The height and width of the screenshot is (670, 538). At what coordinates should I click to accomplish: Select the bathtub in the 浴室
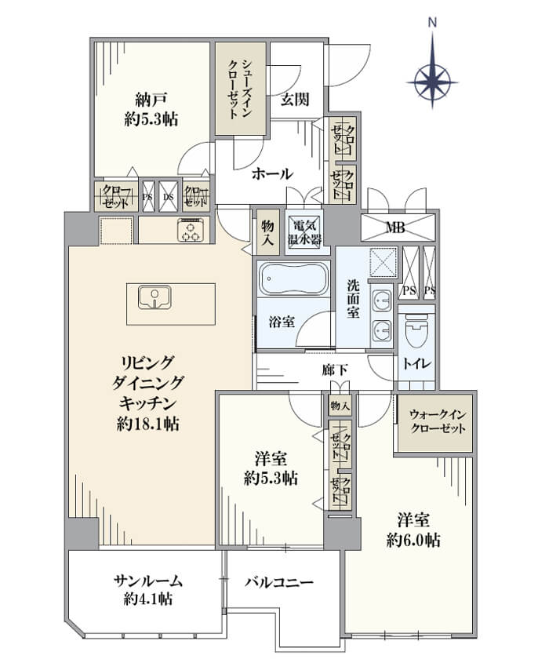(x=294, y=279)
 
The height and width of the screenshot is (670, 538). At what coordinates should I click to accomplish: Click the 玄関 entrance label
(x=295, y=100)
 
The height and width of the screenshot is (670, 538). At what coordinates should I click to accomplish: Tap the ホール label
(x=272, y=173)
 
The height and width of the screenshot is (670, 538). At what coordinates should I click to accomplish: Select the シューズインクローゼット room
(x=241, y=89)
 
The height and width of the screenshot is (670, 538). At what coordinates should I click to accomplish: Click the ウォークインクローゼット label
(x=438, y=421)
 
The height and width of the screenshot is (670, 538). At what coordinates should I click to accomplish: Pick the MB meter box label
(x=395, y=227)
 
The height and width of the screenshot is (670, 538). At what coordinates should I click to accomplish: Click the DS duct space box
(x=169, y=197)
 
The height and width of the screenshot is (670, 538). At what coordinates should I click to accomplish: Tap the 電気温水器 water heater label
(x=304, y=232)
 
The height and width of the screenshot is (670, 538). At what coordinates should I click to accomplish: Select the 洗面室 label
(x=353, y=298)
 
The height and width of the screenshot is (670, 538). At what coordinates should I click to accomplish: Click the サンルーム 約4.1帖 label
(x=147, y=590)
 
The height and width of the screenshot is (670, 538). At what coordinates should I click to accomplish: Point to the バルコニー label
(x=279, y=582)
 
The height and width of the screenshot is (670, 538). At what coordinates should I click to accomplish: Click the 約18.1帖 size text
(x=148, y=424)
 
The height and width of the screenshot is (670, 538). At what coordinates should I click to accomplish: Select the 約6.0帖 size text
(x=413, y=541)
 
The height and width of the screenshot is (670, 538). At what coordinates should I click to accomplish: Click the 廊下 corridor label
(x=335, y=370)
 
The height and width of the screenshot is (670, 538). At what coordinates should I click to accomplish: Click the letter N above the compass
(x=433, y=23)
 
